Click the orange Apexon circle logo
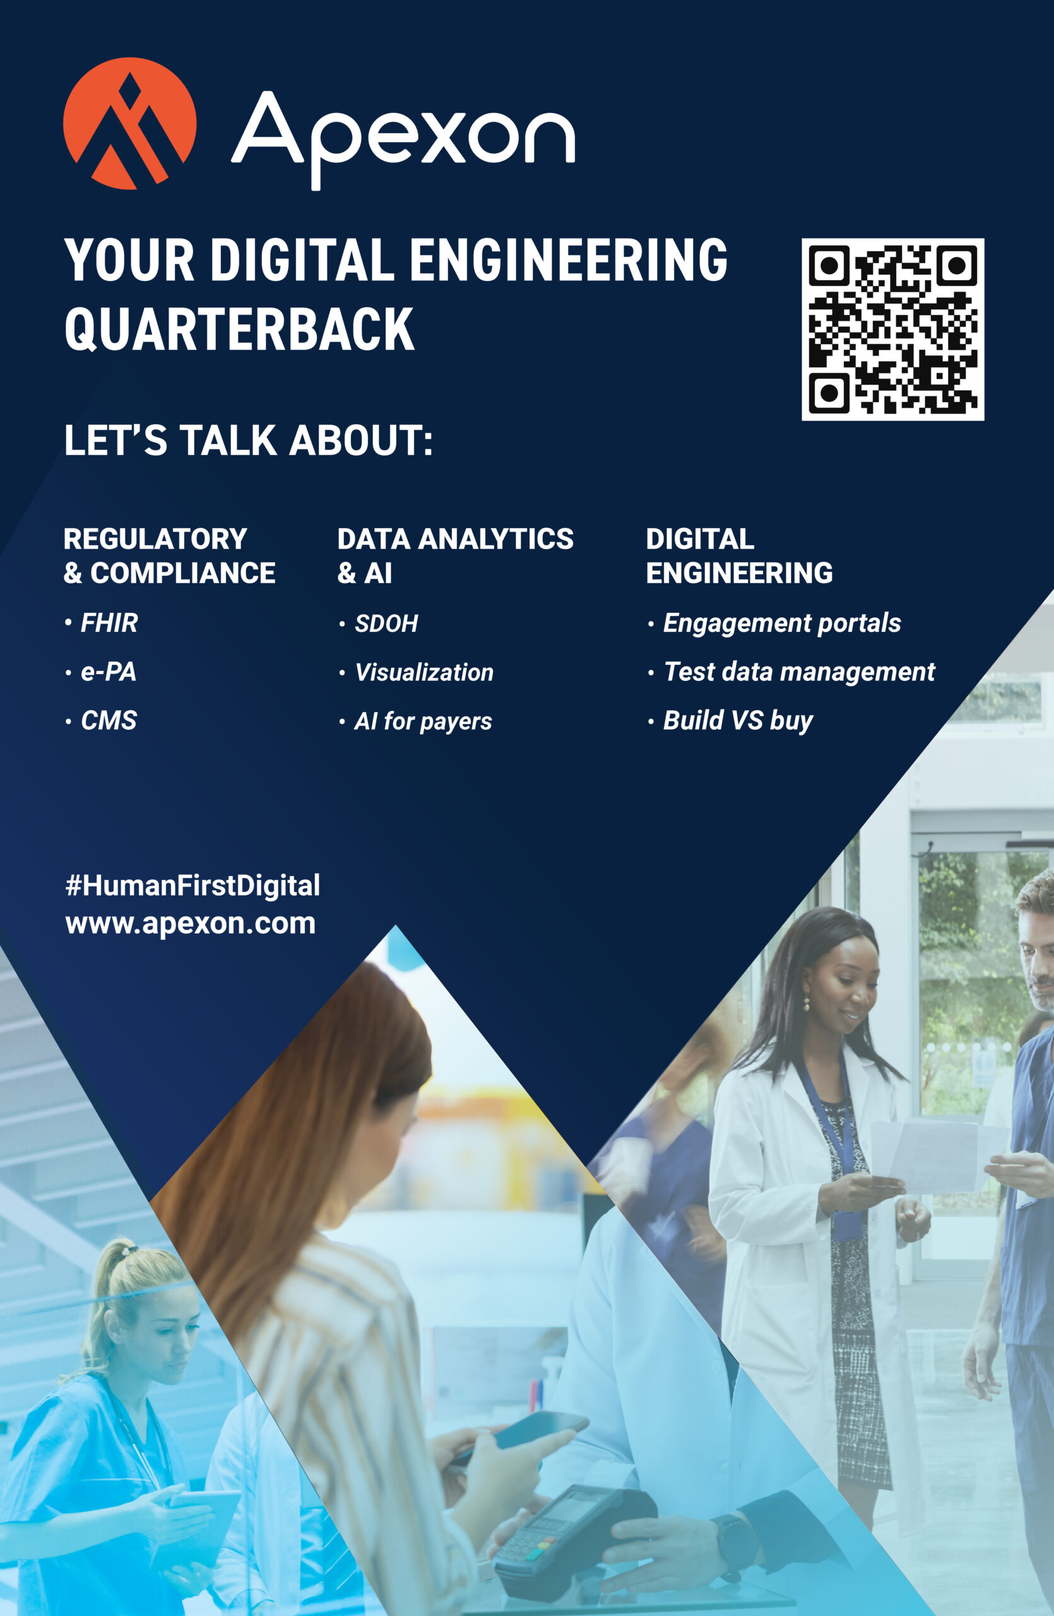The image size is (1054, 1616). click(129, 124)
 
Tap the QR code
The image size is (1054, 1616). click(892, 330)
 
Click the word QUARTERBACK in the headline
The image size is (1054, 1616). click(239, 330)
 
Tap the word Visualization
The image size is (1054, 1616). click(424, 672)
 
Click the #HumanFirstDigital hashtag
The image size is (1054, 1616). click(192, 886)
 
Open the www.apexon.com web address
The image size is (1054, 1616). click(191, 924)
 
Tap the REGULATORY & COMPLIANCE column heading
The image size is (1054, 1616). click(170, 555)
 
